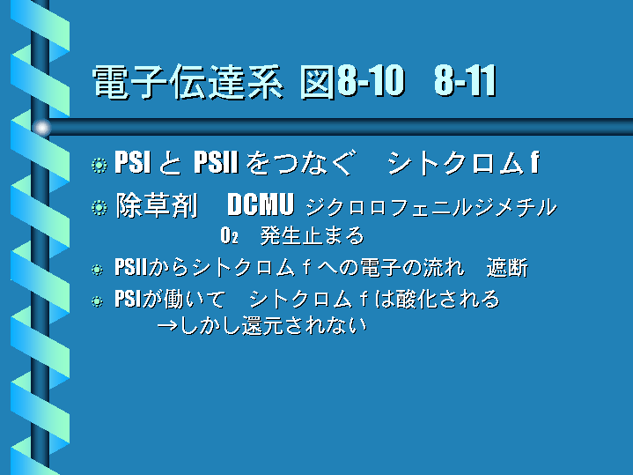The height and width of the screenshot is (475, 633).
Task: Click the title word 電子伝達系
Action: [x=188, y=82]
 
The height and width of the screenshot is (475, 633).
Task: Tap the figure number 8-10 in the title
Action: [x=371, y=81]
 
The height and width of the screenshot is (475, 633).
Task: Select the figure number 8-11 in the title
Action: [x=465, y=81]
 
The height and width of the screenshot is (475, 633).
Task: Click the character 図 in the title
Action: [x=317, y=82]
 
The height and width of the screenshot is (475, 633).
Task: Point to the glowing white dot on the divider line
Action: [x=41, y=128]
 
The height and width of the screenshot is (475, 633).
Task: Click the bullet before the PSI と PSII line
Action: [x=99, y=165]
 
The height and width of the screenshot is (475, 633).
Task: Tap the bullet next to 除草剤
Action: [x=99, y=207]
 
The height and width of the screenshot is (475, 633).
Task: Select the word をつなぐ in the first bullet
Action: [x=301, y=162]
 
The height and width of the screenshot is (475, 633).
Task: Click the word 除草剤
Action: [x=157, y=205]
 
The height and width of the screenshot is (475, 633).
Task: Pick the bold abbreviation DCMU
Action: [x=261, y=204]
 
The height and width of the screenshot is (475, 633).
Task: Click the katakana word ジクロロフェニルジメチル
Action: [x=431, y=207]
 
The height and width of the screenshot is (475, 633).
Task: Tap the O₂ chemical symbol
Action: [x=229, y=235]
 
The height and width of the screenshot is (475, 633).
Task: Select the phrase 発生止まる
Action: [x=312, y=235]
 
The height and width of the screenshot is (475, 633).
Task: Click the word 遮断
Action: [x=507, y=268]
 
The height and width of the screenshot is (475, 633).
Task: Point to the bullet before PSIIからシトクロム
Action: [x=97, y=270]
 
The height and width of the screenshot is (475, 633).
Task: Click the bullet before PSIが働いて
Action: [x=97, y=301]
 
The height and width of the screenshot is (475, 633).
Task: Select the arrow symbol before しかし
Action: [x=167, y=325]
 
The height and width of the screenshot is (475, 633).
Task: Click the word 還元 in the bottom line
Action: [x=262, y=326]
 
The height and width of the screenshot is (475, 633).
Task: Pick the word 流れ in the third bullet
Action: [x=443, y=268]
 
